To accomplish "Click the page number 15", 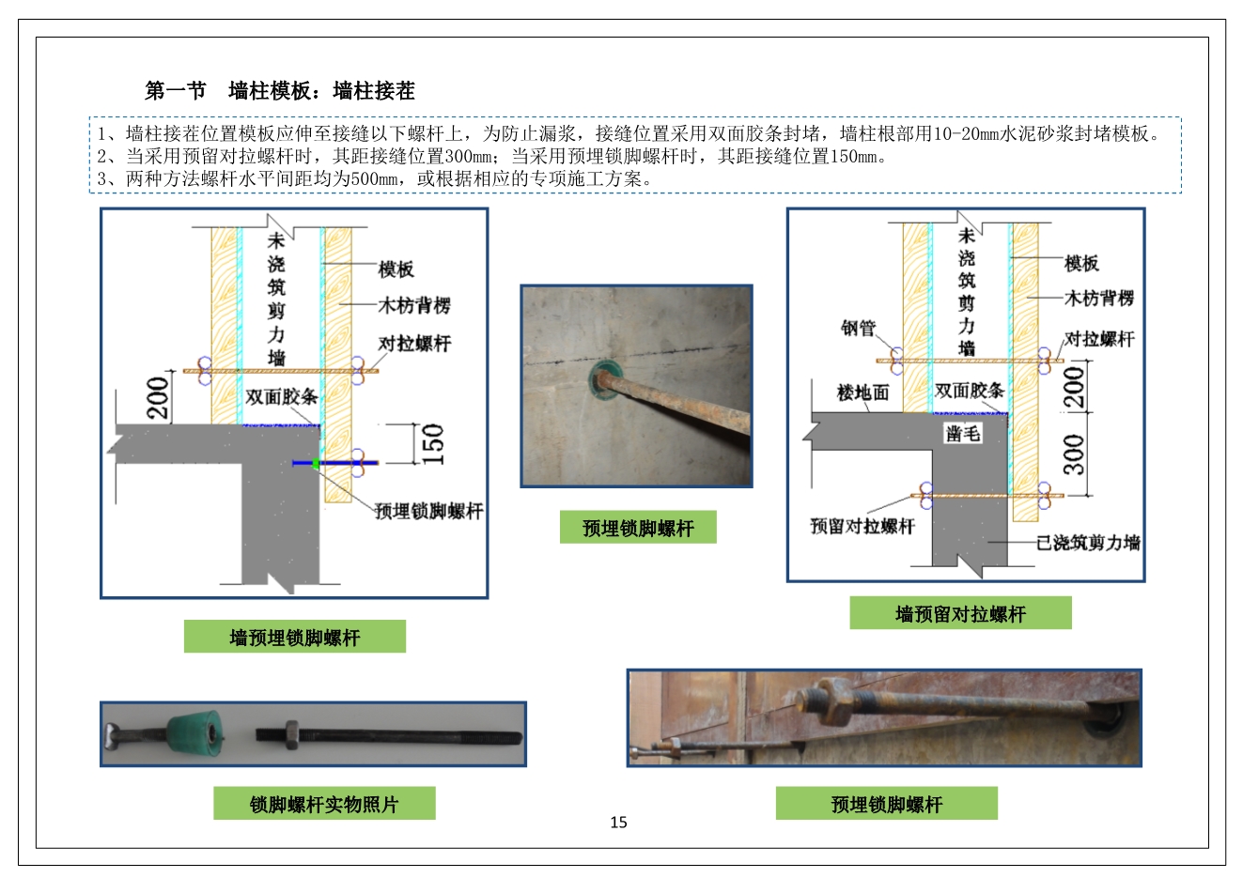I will click(x=618, y=823).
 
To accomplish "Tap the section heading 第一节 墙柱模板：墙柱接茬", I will click(x=279, y=91).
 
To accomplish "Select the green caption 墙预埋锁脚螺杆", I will click(x=294, y=638).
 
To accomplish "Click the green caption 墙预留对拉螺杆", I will click(x=960, y=614).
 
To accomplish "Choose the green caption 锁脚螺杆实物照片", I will click(x=324, y=804).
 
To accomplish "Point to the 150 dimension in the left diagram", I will click(x=433, y=443).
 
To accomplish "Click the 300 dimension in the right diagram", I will click(x=1073, y=454).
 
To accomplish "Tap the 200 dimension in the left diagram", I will click(x=158, y=396).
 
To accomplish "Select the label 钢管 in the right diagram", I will click(x=858, y=328).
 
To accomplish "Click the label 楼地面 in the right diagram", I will click(x=862, y=393).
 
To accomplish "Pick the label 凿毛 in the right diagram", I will click(x=963, y=433).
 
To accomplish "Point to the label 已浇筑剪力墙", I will click(x=1087, y=542).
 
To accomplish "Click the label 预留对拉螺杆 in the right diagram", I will click(x=862, y=526).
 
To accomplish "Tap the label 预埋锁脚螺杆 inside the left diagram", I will click(x=428, y=511).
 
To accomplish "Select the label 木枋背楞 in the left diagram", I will click(x=414, y=305).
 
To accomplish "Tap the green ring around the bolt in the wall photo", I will click(x=598, y=379).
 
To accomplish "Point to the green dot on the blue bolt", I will click(x=316, y=462).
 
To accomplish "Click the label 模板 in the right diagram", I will click(x=1081, y=263).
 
